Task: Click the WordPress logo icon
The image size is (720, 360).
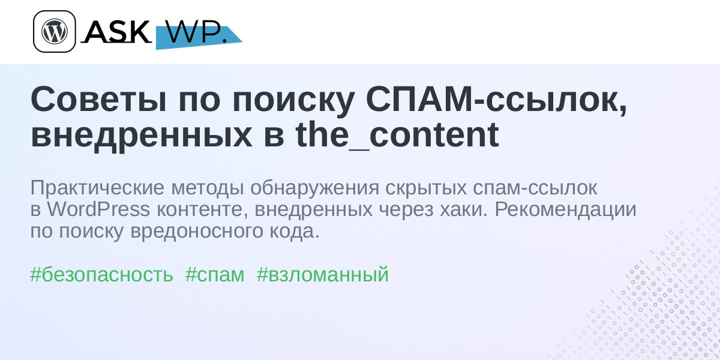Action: coord(55,31)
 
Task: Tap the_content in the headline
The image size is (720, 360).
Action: coord(397,135)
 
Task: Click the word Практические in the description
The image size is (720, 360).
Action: coord(97,188)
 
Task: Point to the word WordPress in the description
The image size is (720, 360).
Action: coord(98,209)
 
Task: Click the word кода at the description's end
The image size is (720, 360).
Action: coord(295,232)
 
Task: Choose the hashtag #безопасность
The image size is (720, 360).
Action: coord(101,275)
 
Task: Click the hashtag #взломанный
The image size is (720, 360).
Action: coord(323,275)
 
